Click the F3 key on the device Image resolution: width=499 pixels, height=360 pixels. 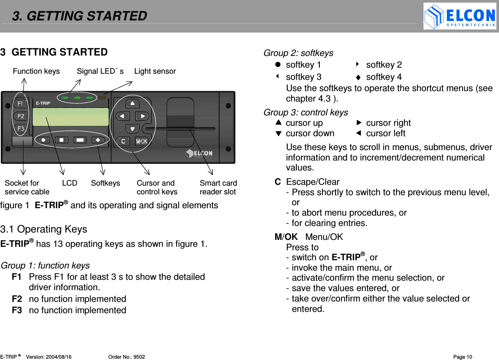[20, 128]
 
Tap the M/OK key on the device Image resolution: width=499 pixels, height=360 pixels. [141, 141]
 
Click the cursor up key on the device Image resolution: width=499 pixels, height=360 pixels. [132, 103]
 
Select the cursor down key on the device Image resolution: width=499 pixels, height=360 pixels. [132, 129]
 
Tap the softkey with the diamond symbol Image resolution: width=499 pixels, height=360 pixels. [98, 140]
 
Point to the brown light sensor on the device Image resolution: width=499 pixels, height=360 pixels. [102, 98]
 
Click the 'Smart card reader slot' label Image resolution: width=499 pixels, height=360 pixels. [218, 187]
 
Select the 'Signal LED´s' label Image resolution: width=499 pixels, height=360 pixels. [100, 71]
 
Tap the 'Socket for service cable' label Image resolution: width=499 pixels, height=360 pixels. [26, 187]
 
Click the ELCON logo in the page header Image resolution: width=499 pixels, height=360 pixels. [460, 16]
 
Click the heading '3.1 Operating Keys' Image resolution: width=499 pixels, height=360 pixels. [43, 229]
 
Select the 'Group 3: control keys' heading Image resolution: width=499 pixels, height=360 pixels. [305, 112]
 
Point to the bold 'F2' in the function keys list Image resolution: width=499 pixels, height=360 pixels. [17, 299]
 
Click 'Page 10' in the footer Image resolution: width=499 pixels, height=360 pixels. [462, 357]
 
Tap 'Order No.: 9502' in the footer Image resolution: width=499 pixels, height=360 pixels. [126, 357]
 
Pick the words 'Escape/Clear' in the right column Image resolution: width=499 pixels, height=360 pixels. [312, 182]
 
